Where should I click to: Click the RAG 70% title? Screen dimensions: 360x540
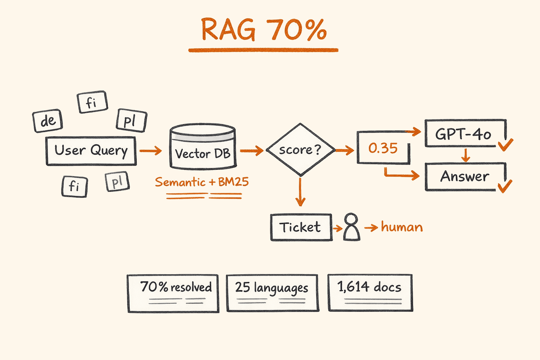pos(264,30)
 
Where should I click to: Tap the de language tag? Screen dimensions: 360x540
pos(48,121)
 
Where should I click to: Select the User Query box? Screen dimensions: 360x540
pos(91,151)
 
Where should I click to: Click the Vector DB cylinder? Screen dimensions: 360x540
pos(202,148)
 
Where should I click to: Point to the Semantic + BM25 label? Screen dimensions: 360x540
pos(202,182)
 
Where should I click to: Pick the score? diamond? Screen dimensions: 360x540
pos(300,150)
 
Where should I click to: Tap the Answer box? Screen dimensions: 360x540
pos(465,176)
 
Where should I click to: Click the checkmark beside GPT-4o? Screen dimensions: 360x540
pos(506,144)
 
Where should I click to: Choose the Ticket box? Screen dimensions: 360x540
pos(301,227)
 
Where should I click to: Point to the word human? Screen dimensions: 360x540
pos(402,227)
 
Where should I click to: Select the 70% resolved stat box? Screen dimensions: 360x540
pos(173,293)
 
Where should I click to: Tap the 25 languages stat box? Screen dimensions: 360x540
pos(272,293)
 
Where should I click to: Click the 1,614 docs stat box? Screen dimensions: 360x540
pos(370,292)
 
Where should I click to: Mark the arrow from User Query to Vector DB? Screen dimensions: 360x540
pos(150,151)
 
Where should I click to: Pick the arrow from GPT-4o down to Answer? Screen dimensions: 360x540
pos(465,155)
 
